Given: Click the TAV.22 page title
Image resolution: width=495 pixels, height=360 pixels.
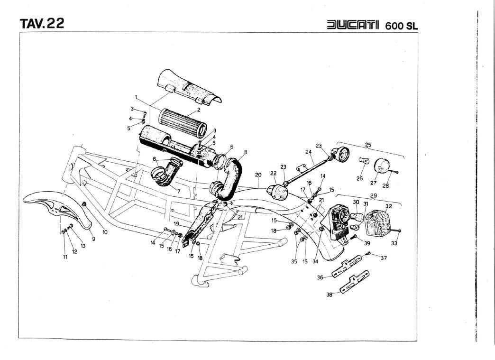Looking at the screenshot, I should coord(42,24).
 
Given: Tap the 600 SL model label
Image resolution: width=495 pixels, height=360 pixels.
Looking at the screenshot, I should coord(402,25).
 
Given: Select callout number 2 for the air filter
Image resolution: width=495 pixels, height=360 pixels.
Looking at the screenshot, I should coord(199,110).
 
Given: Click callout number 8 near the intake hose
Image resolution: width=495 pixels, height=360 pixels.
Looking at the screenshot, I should coord(246,152).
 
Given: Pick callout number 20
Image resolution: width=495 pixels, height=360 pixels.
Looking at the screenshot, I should coord(258,175).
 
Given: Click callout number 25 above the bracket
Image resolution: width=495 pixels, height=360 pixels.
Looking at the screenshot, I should coord(368,144).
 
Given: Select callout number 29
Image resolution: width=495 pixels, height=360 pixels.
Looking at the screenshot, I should coord(373,195).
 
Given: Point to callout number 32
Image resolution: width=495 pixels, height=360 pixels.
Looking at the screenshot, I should coord(389,206).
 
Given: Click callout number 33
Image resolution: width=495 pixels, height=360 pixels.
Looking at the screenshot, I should coord(394,243).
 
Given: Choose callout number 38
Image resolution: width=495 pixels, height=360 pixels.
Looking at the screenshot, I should coord(329,294).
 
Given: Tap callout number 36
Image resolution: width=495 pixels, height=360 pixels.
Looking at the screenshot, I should coord(320,278).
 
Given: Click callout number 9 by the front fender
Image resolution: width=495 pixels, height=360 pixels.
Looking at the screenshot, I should coord(93,239).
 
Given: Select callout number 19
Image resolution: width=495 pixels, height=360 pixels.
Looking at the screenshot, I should coord(176,223).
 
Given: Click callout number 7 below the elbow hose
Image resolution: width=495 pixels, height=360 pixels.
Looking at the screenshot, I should coord(178,191).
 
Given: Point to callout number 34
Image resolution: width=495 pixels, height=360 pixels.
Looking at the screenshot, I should coord(316,261).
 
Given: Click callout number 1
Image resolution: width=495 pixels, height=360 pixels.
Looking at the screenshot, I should coord(136,97).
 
